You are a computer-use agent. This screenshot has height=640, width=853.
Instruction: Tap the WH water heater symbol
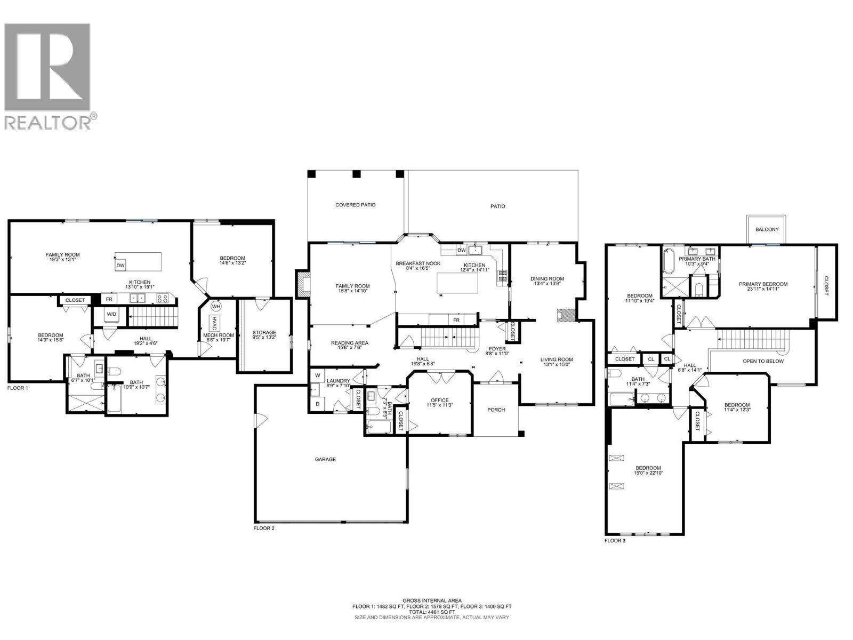pos(216,307)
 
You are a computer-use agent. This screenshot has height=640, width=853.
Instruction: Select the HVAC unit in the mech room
pos(214,323)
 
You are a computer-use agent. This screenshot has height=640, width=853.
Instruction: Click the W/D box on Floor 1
pos(111,314)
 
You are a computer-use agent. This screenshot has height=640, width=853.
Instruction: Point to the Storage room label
pos(264,333)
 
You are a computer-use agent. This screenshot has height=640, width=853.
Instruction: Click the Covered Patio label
pos(355,205)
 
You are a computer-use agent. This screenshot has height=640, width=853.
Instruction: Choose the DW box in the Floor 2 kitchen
pos(462,250)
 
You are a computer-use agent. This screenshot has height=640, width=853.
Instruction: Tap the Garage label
pos(325,459)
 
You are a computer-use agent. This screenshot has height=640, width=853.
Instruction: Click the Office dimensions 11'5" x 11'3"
pos(440,405)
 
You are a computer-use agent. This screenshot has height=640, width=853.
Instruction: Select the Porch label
pos(496,410)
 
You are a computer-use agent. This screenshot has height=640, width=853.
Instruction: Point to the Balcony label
pos(767,229)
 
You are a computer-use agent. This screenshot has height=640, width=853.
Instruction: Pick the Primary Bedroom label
pos(763,284)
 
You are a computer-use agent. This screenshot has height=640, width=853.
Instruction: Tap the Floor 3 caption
pos(615,541)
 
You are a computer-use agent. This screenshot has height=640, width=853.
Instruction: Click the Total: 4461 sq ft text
pos(432,612)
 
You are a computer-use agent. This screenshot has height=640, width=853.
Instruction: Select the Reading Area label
pos(349,343)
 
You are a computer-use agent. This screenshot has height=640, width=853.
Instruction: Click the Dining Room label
pos(547,278)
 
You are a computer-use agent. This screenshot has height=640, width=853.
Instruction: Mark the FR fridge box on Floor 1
pos(109,300)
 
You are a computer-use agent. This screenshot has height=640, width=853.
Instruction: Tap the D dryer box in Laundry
pos(317,404)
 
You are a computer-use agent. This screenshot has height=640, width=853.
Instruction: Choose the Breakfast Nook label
pos(418,263)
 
